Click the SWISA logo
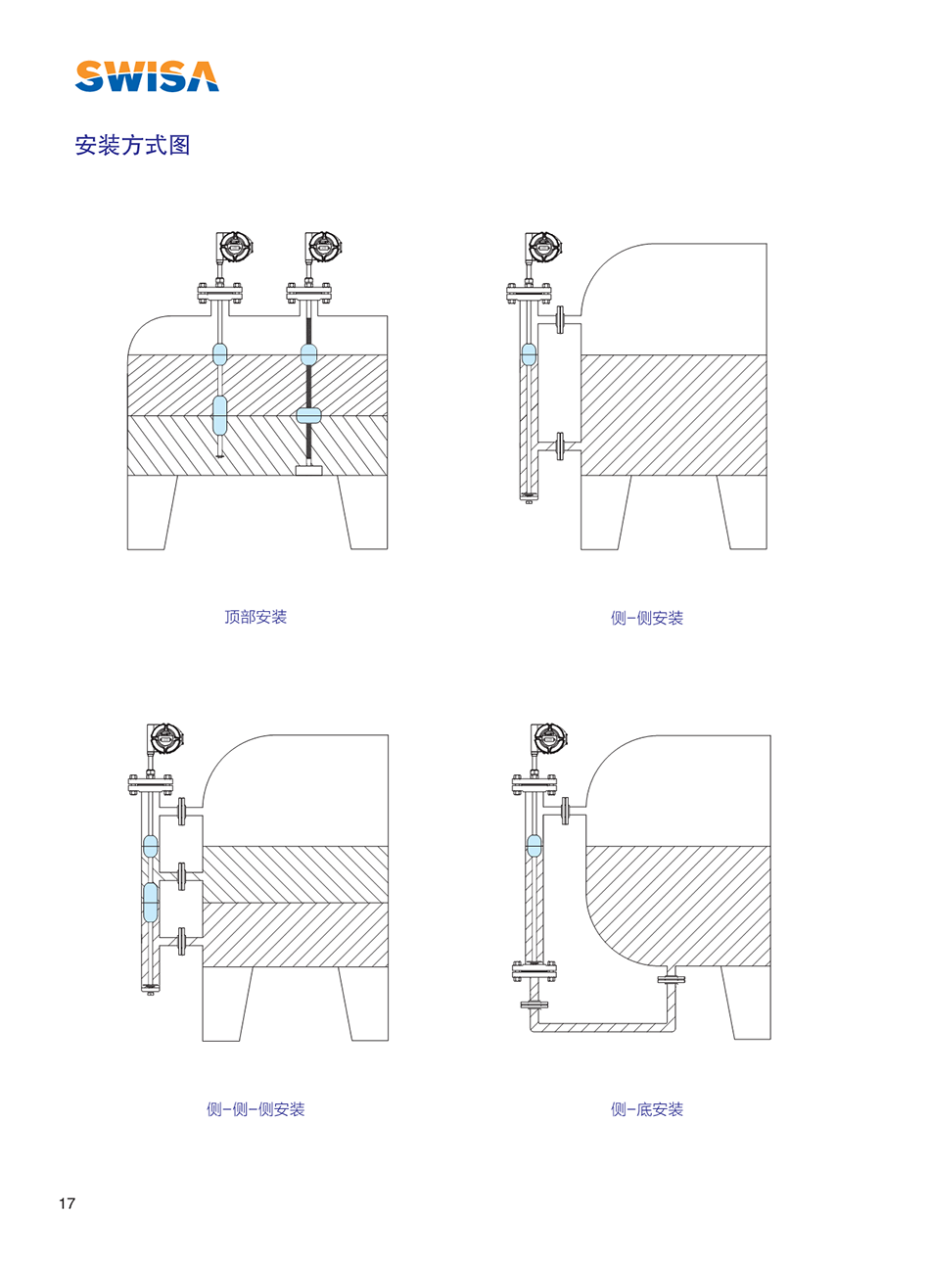[x=147, y=76]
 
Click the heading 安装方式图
[x=132, y=145]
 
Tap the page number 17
[x=67, y=1203]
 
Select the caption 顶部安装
[x=256, y=617]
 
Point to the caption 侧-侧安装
[x=647, y=618]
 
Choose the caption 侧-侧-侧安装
[x=256, y=1109]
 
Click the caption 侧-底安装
[x=647, y=1109]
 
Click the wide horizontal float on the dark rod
[x=308, y=415]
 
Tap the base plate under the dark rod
[x=308, y=470]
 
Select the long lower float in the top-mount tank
[x=219, y=415]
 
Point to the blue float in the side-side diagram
[x=529, y=354]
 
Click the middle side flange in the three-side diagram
[x=181, y=876]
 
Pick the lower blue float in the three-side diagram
[x=151, y=902]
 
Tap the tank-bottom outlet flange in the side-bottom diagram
[x=672, y=980]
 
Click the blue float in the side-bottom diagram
[x=534, y=846]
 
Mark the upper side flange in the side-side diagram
[x=559, y=319]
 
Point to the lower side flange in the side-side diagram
[x=559, y=446]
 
